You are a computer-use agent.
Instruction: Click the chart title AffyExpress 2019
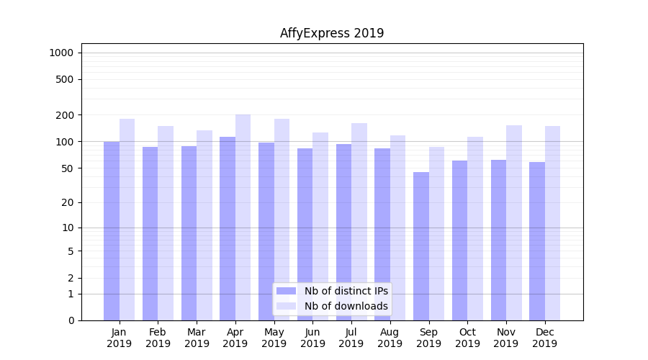(x=332, y=33)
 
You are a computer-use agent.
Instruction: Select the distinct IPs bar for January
(x=112, y=230)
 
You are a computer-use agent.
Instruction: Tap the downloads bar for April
(x=243, y=216)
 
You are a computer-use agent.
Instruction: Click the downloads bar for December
(x=552, y=223)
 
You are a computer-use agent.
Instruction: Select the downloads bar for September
(x=436, y=233)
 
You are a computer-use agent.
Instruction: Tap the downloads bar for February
(x=166, y=223)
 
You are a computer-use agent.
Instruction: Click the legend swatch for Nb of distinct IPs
(x=286, y=291)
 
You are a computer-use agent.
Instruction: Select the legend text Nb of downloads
(x=346, y=306)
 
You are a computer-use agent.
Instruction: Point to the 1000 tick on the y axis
(x=61, y=53)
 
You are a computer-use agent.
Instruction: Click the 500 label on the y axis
(x=66, y=79)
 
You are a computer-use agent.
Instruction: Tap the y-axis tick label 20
(x=68, y=202)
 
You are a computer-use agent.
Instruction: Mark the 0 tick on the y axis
(x=71, y=320)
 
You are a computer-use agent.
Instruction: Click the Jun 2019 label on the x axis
(x=312, y=338)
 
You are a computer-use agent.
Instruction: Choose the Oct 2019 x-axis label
(x=467, y=338)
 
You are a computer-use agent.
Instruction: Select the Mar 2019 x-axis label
(x=197, y=338)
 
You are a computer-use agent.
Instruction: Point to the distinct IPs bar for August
(x=382, y=234)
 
